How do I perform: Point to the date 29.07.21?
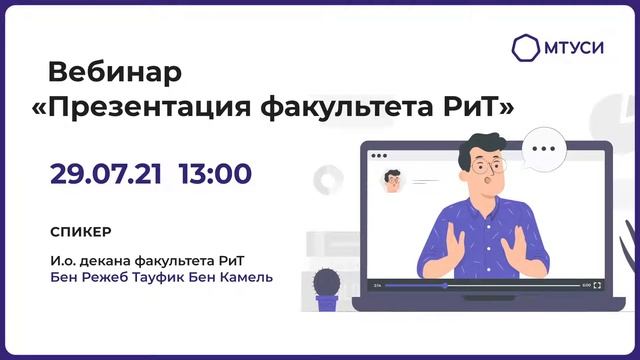pyautogui.click(x=107, y=174)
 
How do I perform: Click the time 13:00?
pyautogui.click(x=215, y=174)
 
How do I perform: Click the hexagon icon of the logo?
pyautogui.click(x=526, y=47)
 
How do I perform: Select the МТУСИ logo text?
pyautogui.click(x=574, y=47)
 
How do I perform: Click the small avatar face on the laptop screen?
pyautogui.click(x=393, y=181)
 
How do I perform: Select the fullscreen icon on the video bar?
pyautogui.click(x=597, y=285)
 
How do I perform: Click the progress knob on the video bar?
pyautogui.click(x=446, y=285)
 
